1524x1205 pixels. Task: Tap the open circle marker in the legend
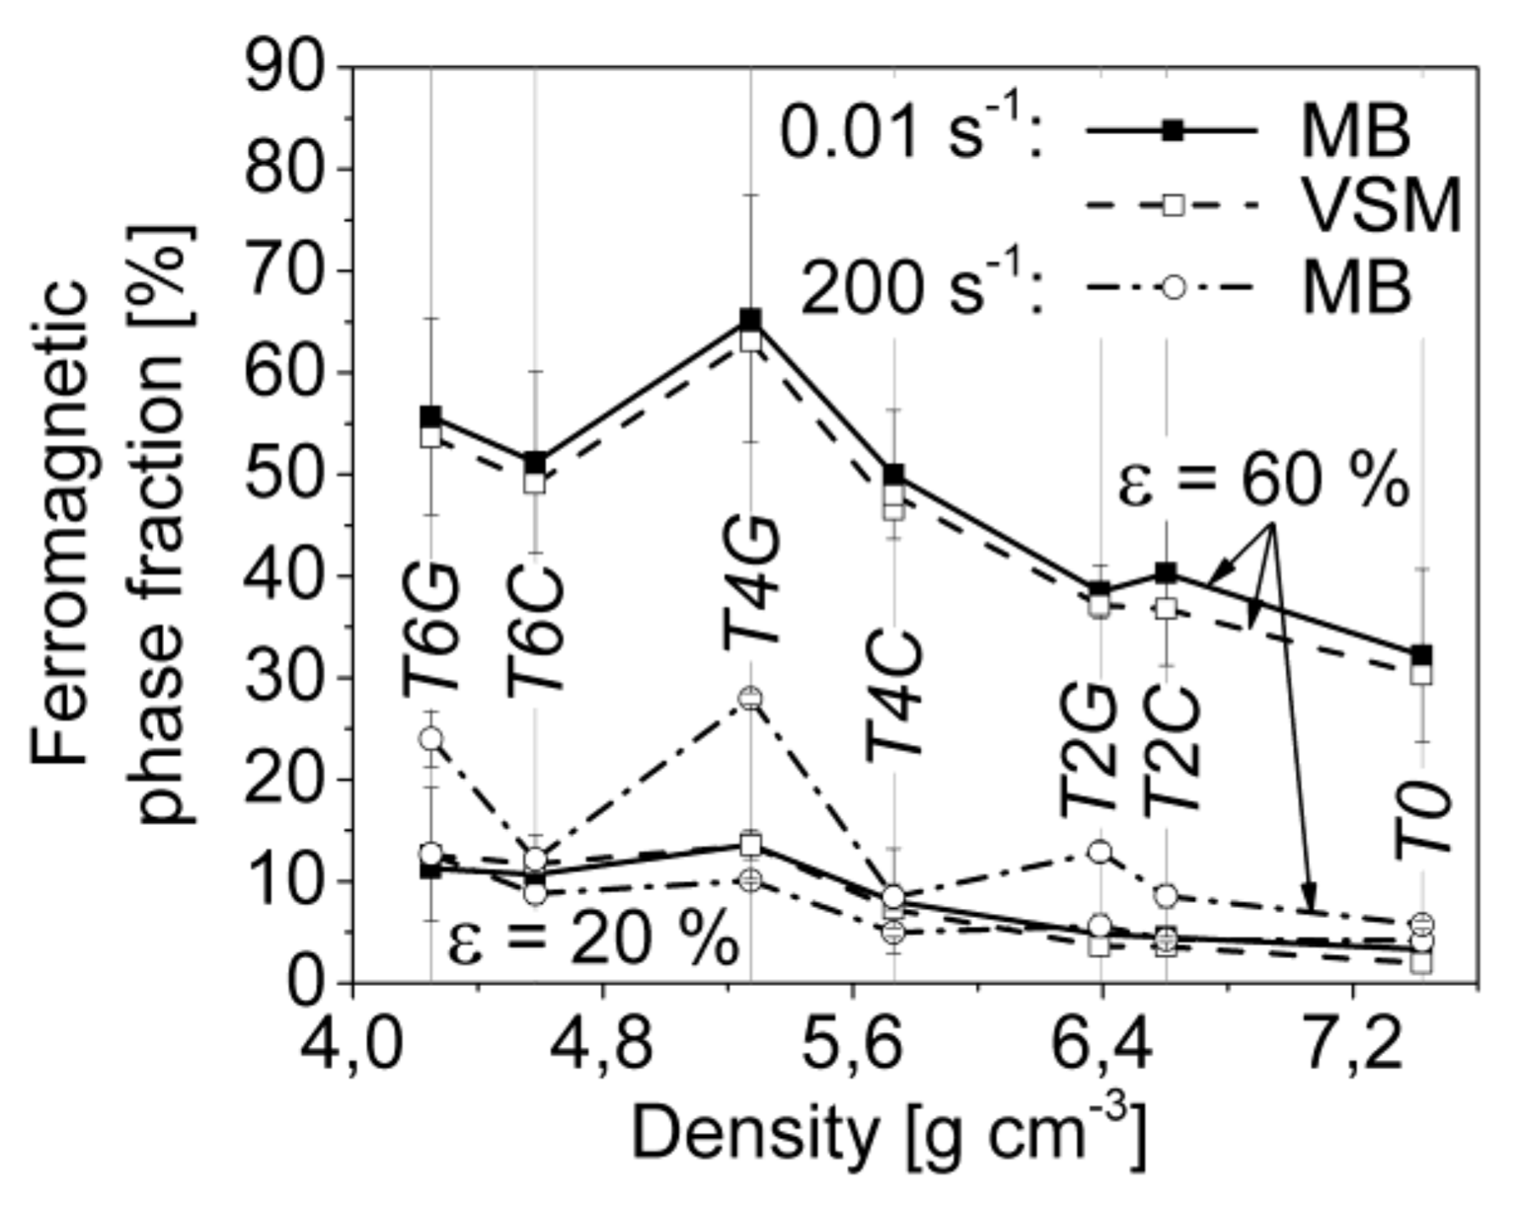pos(1172,288)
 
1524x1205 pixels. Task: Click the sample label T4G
pos(752,582)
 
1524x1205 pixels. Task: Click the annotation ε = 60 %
pos(1263,484)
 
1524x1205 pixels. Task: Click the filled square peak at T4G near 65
pos(750,319)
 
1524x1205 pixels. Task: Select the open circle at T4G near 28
pos(750,699)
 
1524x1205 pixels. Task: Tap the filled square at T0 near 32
pos(1421,654)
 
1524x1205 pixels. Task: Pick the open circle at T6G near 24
pos(430,738)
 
